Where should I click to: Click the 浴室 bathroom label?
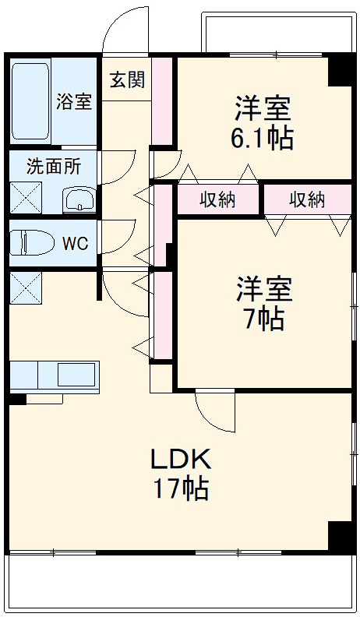(x=74, y=102)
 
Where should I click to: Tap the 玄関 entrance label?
(x=125, y=81)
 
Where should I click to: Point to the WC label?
(x=75, y=242)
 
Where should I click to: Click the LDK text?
(x=181, y=458)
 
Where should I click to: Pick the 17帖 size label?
(x=181, y=489)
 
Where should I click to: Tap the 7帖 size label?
(x=263, y=319)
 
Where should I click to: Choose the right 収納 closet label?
(x=307, y=199)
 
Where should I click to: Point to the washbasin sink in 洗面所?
(x=79, y=200)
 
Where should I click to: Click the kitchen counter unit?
(x=55, y=375)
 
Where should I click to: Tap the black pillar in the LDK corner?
(x=341, y=536)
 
